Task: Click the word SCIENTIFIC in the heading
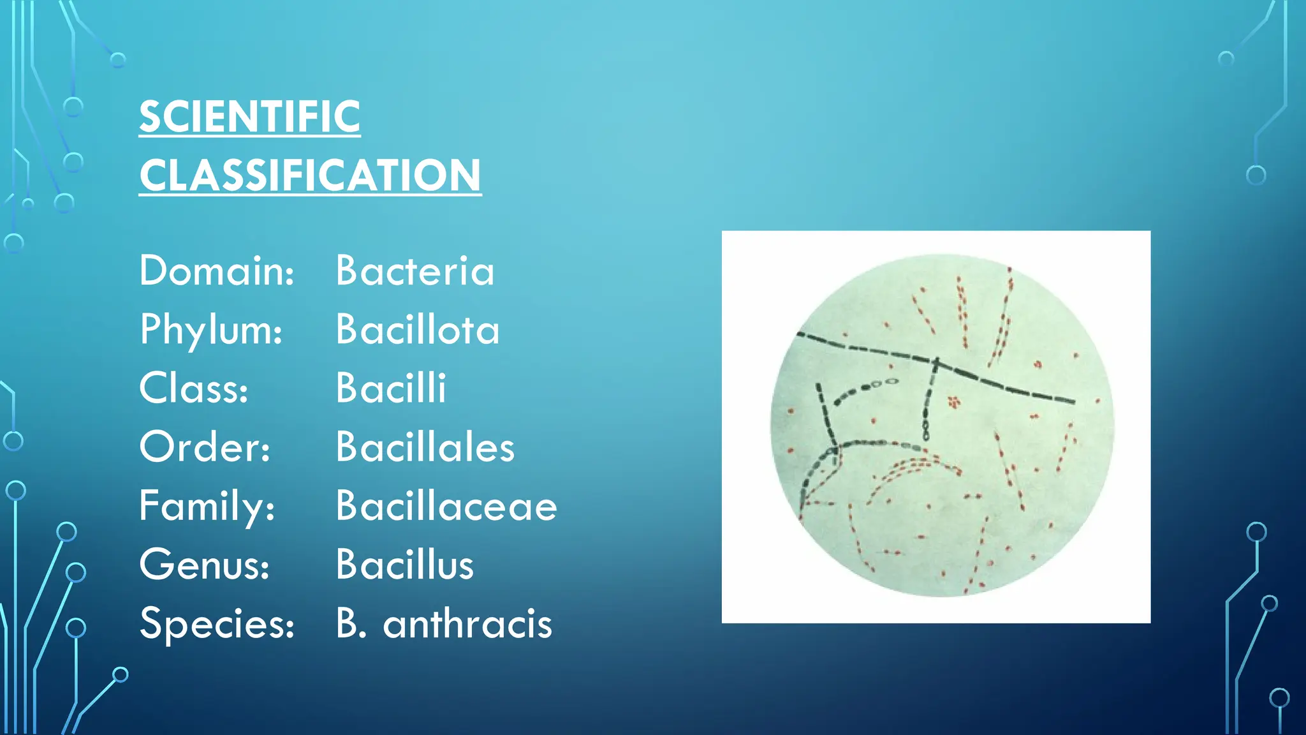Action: (x=249, y=117)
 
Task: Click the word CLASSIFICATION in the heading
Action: (x=310, y=175)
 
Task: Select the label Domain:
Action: (x=217, y=271)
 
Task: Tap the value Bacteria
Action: (x=415, y=271)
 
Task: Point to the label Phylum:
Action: (x=211, y=330)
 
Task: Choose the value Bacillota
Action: (x=418, y=330)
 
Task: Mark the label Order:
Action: (x=205, y=447)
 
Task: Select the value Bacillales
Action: (x=425, y=447)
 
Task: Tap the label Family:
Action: (x=207, y=506)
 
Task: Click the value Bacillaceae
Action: (x=446, y=506)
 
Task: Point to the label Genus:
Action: (x=205, y=565)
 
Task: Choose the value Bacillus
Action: (x=405, y=565)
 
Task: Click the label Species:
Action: (x=217, y=623)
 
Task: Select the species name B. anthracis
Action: (x=444, y=623)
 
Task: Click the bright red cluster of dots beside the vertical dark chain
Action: (x=954, y=402)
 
